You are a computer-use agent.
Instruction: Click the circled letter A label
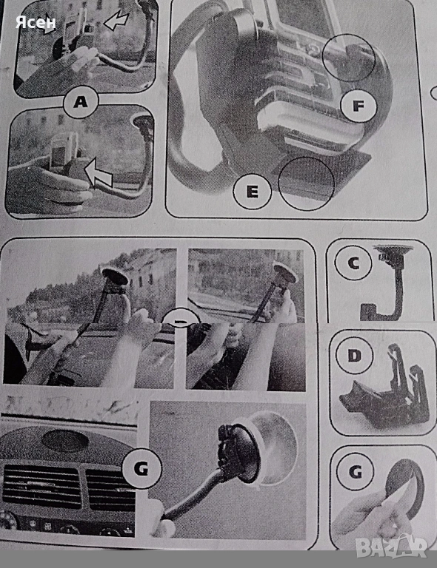tap(81, 102)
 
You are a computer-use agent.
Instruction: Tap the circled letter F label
tap(358, 106)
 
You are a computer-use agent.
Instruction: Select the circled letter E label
tap(253, 191)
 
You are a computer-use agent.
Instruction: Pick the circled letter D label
tap(354, 355)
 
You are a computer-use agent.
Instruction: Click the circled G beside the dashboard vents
tap(141, 470)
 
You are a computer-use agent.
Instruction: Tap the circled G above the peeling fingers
tap(356, 472)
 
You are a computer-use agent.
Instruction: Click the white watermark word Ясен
tap(36, 22)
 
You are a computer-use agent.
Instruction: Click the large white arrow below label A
tap(98, 173)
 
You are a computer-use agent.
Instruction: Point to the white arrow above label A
tap(117, 21)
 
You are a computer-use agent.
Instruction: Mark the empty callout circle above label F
tap(348, 58)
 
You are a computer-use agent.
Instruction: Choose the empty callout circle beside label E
tap(306, 183)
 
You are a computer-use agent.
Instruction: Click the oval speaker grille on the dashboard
tap(65, 440)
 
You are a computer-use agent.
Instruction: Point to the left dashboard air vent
tap(42, 487)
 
